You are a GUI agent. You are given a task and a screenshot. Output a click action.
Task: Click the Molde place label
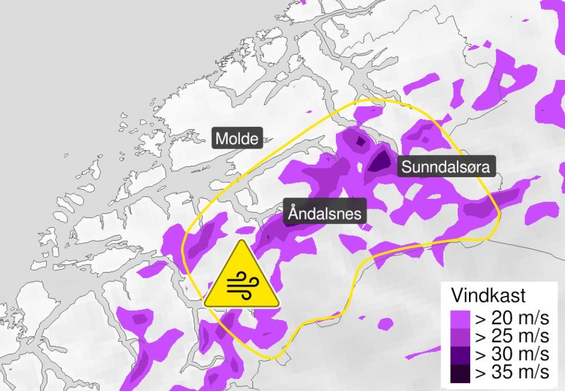point(237,138)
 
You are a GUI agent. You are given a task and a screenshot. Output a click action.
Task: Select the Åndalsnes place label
point(325,214)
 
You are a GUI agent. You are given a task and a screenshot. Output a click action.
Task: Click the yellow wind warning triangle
point(242,277)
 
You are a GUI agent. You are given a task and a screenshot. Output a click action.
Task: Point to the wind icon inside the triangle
point(242,285)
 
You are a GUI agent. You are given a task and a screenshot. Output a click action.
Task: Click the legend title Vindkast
point(488,296)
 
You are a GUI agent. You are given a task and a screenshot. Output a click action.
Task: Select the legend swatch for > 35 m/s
point(460,373)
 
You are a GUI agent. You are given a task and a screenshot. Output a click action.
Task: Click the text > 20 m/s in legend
point(512,318)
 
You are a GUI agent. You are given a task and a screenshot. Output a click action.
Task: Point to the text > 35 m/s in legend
point(512,372)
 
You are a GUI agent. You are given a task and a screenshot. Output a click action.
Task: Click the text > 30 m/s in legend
point(512,354)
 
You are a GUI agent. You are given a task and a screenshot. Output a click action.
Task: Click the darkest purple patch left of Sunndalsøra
point(379,161)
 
